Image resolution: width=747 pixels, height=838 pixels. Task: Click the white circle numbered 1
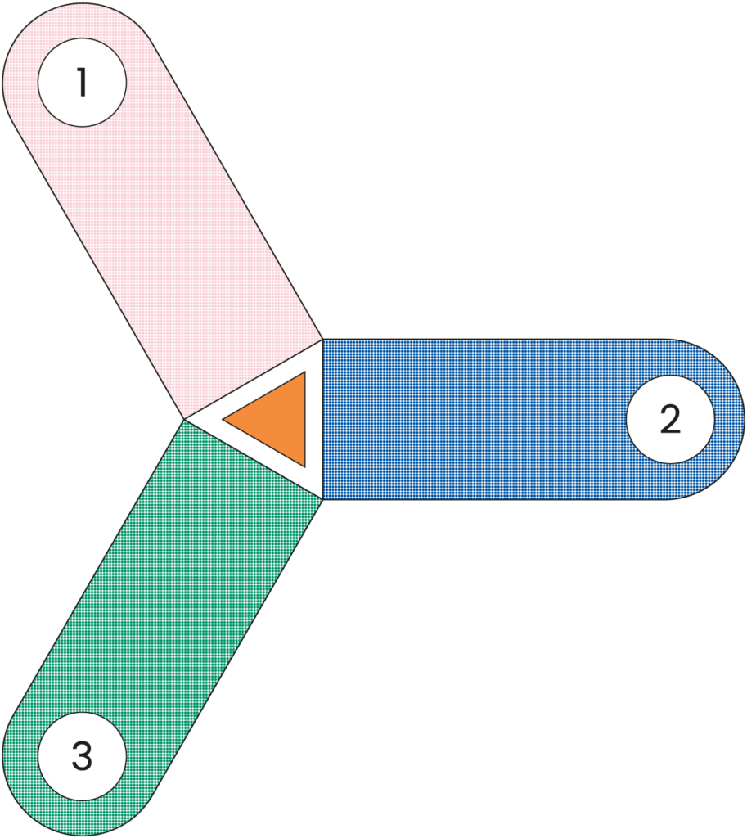click(82, 83)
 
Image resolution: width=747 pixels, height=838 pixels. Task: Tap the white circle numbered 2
click(670, 419)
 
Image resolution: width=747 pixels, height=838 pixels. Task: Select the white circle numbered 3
click(82, 755)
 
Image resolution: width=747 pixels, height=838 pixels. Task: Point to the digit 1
click(82, 83)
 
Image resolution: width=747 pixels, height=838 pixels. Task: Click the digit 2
click(670, 419)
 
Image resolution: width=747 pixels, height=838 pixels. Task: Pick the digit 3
click(82, 755)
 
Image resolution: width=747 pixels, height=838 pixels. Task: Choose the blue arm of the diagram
click(491, 419)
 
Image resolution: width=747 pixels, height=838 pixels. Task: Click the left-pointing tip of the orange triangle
click(226, 420)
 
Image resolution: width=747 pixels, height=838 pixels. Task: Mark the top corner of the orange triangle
click(304, 374)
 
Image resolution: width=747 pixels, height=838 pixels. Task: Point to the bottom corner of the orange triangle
click(304, 465)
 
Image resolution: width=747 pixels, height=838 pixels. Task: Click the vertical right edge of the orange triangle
click(304, 419)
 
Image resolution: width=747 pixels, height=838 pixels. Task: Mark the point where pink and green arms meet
click(185, 420)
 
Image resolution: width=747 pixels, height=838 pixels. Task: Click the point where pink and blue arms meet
click(322, 340)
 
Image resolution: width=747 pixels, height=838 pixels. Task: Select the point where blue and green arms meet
click(322, 498)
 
